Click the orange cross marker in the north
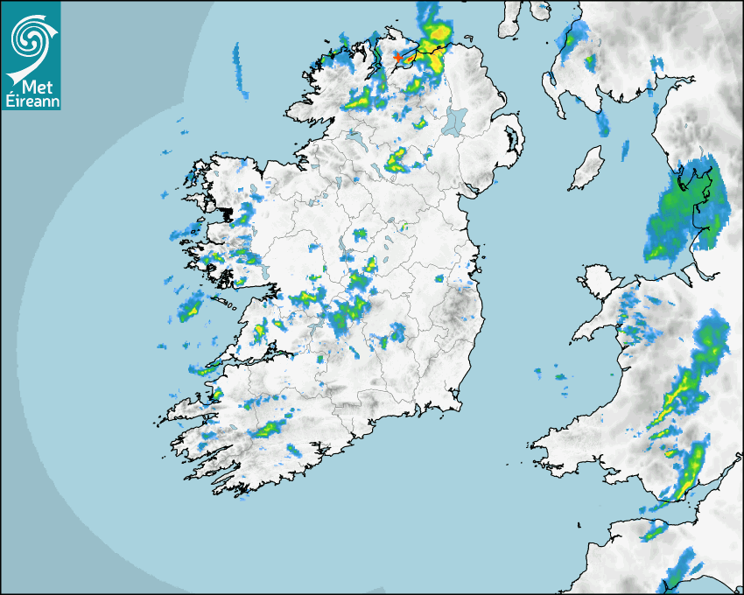[397, 56]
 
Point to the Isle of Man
[587, 169]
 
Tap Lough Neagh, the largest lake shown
[456, 120]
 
